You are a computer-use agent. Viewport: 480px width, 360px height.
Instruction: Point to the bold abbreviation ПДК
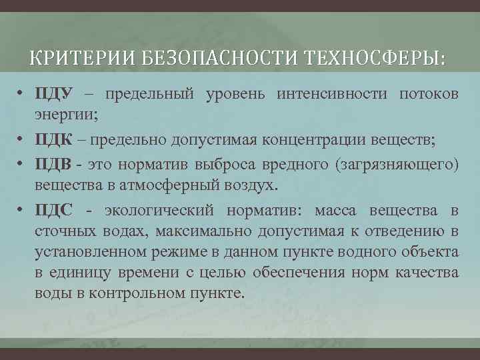point(55,139)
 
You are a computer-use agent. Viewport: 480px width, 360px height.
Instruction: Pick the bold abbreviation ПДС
point(54,211)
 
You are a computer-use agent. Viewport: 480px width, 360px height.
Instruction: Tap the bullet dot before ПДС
point(22,211)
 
